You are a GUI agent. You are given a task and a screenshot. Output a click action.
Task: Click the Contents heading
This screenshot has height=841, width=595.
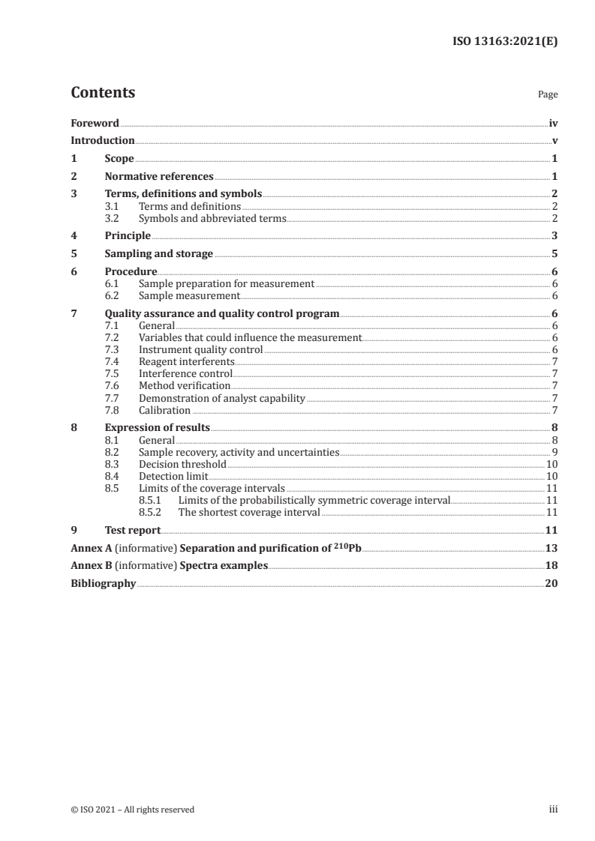pos(103,93)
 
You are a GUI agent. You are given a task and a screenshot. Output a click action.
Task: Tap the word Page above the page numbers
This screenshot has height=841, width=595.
pos(548,95)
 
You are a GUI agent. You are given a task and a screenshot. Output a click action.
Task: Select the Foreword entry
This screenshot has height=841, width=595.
pos(95,123)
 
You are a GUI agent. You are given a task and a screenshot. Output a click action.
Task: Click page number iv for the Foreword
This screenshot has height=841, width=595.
pos(553,123)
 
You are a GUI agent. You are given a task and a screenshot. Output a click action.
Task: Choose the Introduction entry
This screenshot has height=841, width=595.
pos(103,141)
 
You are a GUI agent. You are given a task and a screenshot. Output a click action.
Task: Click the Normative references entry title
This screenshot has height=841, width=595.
pos(159,177)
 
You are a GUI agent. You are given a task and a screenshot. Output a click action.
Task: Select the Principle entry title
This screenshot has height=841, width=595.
pos(128,236)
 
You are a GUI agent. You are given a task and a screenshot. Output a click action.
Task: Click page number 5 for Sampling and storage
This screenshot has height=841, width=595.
pos(554,254)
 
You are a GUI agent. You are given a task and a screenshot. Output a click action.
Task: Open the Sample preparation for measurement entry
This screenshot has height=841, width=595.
pos(226,285)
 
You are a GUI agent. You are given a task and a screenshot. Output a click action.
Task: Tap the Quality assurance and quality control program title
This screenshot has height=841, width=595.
pos(222,314)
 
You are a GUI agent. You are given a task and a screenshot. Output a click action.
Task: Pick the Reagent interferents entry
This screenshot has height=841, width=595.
pos(187,361)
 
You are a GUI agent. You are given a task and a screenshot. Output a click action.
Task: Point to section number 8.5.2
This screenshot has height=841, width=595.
pos(153,513)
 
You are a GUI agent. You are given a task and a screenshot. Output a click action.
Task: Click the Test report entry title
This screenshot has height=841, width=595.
pos(133,531)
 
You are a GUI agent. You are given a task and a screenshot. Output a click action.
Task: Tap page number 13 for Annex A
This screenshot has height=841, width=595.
pos(551,548)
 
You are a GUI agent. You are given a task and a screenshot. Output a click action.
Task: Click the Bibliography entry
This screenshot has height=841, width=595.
pos(103,583)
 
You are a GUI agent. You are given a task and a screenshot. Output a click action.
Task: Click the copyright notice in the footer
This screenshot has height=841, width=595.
pos(133,810)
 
